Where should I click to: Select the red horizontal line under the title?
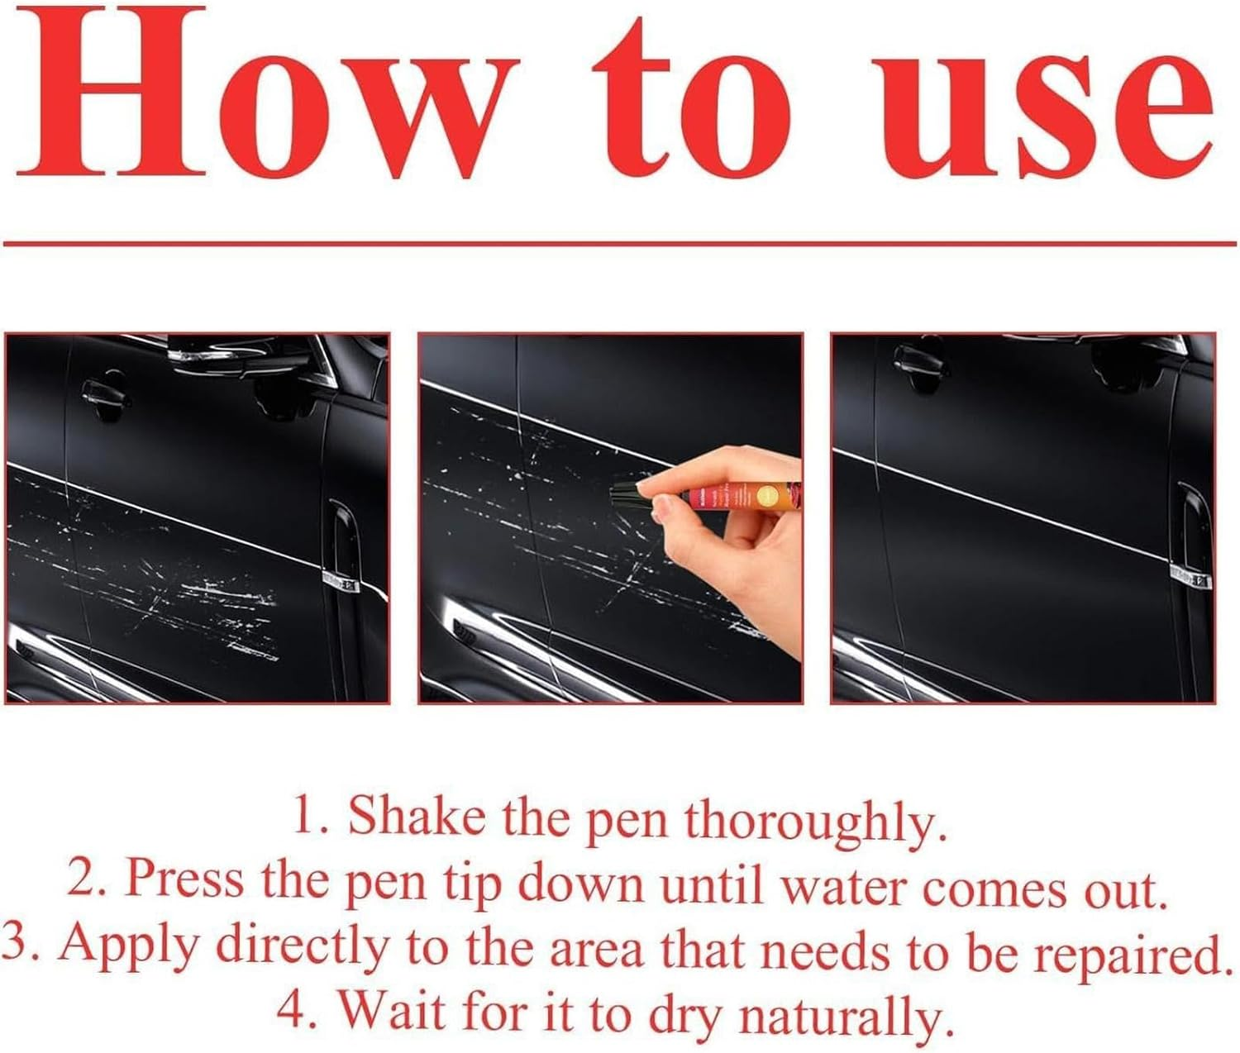point(620,244)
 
